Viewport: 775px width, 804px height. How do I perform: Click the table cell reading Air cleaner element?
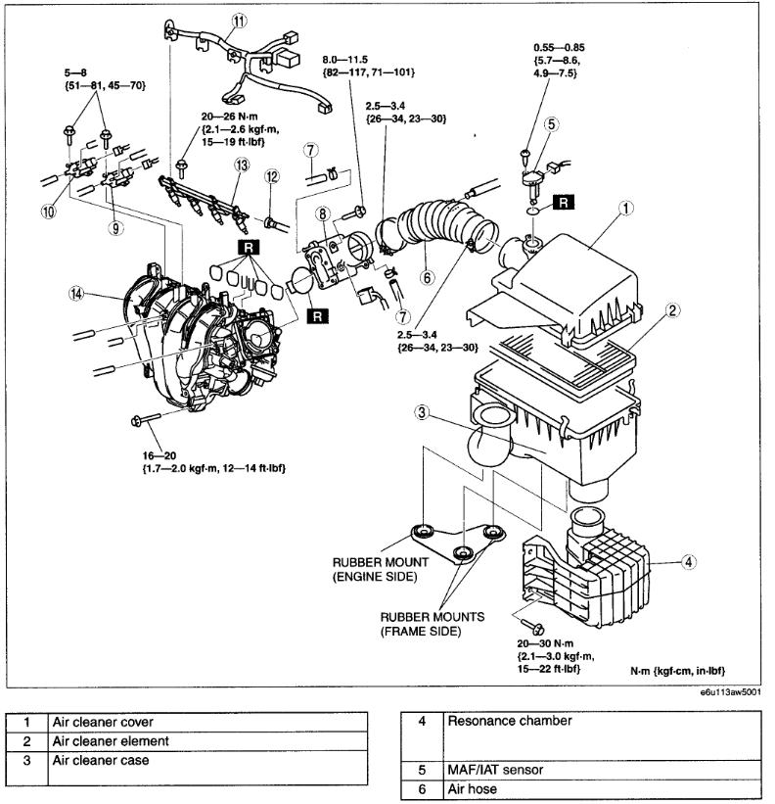point(112,741)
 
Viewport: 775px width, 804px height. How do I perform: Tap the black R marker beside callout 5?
point(565,204)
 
